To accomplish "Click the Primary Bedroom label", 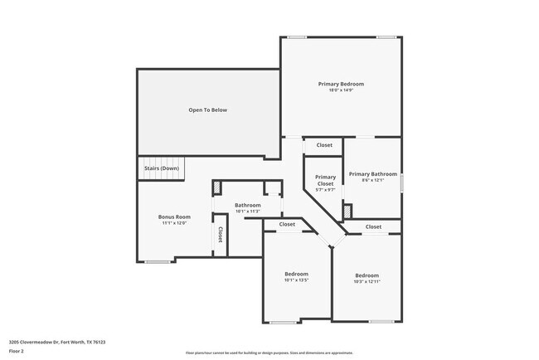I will (x=341, y=84).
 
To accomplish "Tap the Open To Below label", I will (x=207, y=109).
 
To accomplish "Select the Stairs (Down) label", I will (x=162, y=168).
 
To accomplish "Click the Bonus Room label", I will (x=174, y=216).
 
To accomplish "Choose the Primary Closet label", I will (x=325, y=180).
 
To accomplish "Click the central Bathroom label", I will (x=247, y=205).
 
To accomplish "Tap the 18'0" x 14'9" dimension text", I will (x=341, y=91).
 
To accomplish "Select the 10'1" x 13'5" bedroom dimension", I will (x=297, y=280).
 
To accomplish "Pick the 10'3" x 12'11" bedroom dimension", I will (x=367, y=282).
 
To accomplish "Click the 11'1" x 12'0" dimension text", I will (x=174, y=222).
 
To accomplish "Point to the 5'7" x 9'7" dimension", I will (x=325, y=190).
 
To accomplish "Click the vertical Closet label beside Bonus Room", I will (x=220, y=235).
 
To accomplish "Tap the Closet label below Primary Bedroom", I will (x=324, y=145).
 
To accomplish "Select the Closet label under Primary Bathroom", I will (x=373, y=226).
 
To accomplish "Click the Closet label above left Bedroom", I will (x=287, y=224).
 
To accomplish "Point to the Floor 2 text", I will (x=16, y=351).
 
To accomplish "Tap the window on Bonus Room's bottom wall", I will (x=158, y=262).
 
